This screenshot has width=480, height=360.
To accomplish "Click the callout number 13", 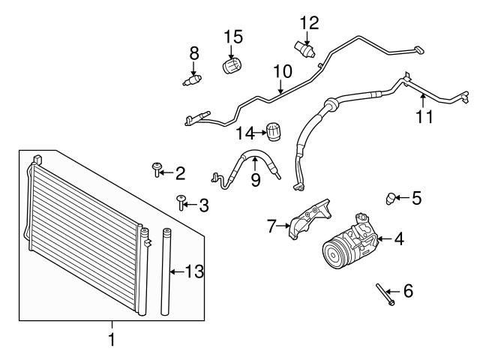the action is (x=194, y=271).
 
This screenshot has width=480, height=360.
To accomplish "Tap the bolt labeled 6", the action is (x=385, y=295).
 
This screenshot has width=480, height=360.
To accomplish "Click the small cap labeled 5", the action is (x=390, y=199).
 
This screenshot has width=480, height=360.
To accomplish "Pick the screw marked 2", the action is (x=157, y=169).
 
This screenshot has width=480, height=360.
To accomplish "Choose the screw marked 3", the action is (x=181, y=202).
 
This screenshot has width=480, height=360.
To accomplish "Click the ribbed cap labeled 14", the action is (x=273, y=132).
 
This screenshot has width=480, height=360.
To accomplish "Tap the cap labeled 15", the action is (x=232, y=65).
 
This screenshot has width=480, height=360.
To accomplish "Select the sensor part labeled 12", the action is (x=304, y=49).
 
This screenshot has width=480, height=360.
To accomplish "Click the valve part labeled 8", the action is (x=192, y=80).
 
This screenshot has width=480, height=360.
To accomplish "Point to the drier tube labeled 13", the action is (x=166, y=271).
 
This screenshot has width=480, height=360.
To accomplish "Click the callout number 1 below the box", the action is (x=112, y=339).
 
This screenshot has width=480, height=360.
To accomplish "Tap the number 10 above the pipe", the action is (x=283, y=71).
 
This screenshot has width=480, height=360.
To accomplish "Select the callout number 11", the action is (x=424, y=117).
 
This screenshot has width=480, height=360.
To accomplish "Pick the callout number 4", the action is (x=399, y=238).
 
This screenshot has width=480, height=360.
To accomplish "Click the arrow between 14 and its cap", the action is (x=260, y=133).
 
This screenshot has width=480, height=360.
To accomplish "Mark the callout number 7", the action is (x=271, y=226).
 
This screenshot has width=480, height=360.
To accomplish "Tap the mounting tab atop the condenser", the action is (x=37, y=159).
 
